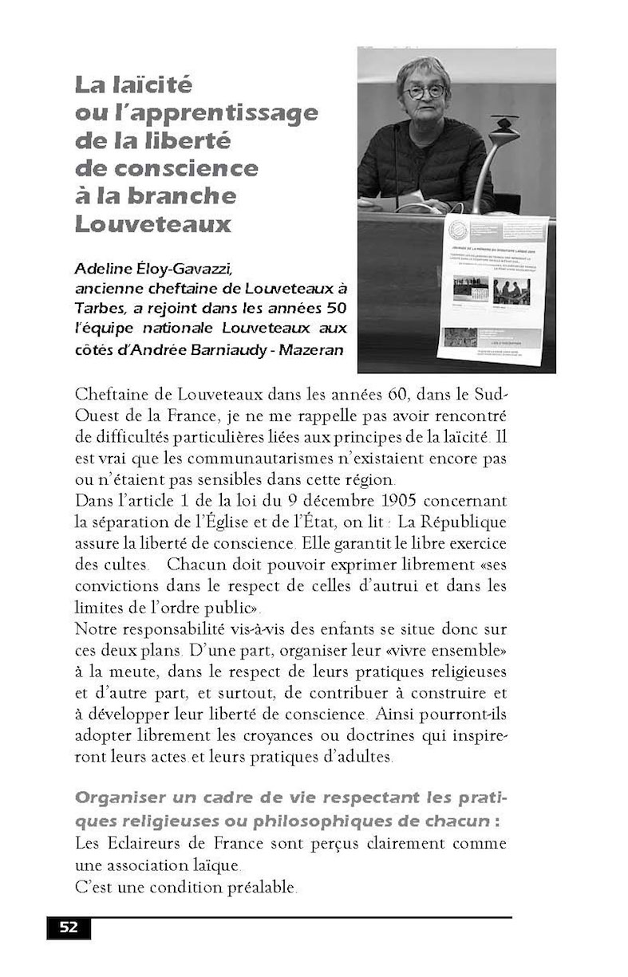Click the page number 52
(69, 927)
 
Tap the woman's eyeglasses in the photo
(425, 92)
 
